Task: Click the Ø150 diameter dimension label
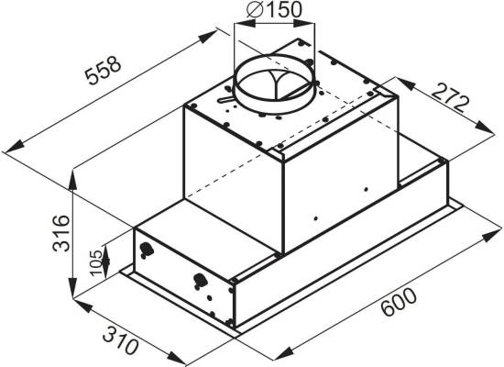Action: (274, 9)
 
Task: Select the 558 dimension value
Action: (103, 71)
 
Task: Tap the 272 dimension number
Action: (450, 97)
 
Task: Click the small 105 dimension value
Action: (96, 261)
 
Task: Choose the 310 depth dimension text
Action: (121, 340)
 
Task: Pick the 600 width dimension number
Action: (399, 302)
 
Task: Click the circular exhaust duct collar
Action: (275, 83)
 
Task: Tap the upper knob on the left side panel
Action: (146, 250)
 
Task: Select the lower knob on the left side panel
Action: (200, 280)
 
